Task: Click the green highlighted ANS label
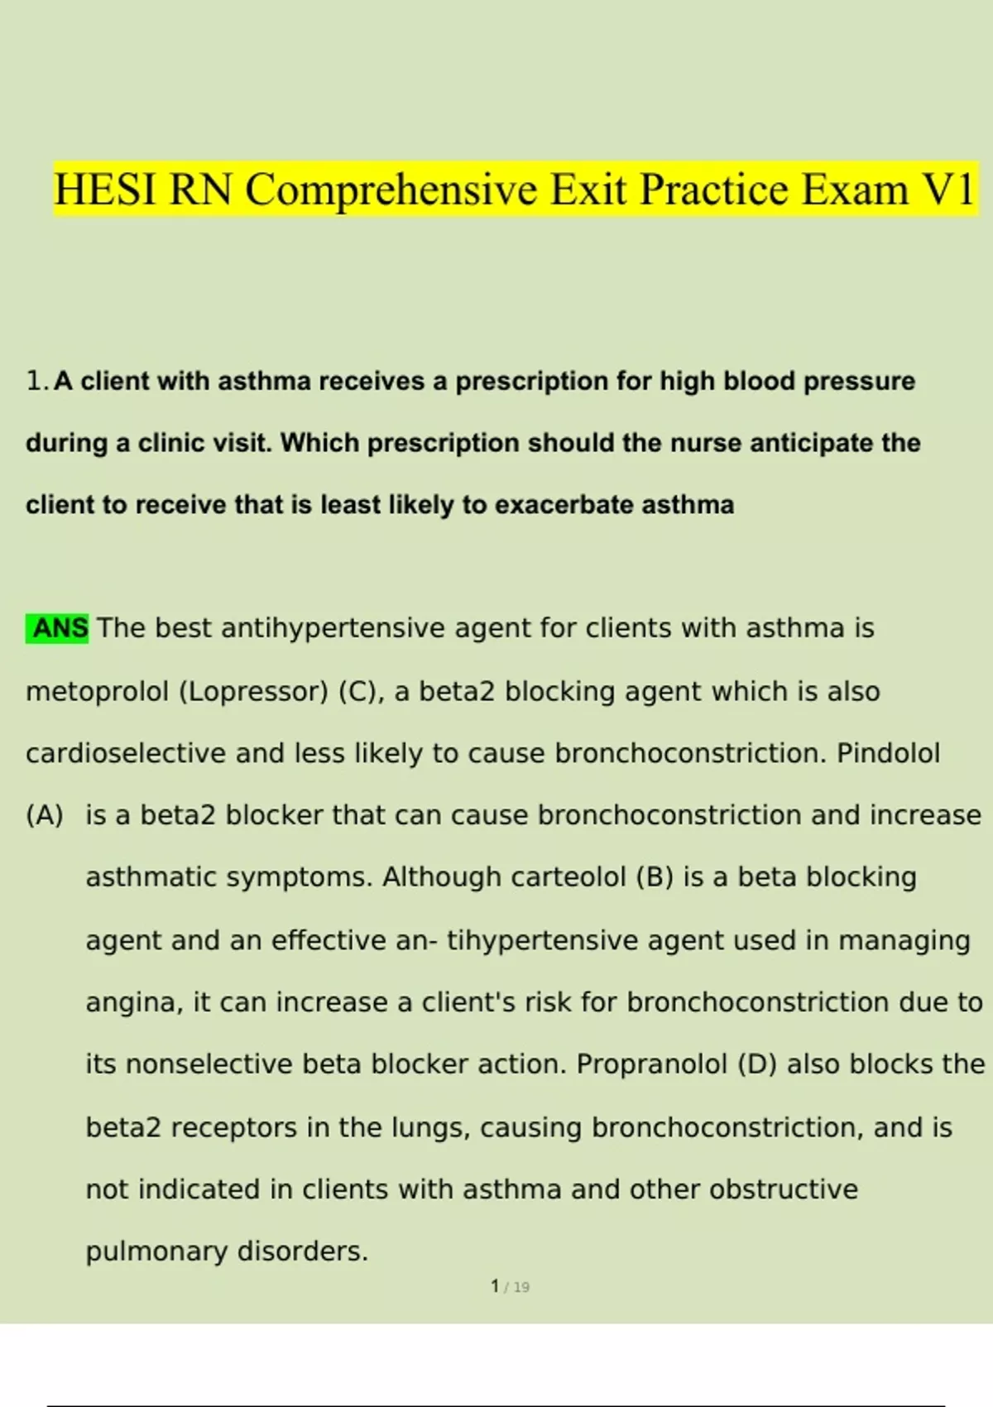click(x=58, y=628)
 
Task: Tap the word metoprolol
click(x=97, y=691)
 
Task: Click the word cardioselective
click(x=126, y=753)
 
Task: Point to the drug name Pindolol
click(x=888, y=753)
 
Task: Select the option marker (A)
click(x=45, y=815)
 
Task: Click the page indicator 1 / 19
click(x=510, y=1287)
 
